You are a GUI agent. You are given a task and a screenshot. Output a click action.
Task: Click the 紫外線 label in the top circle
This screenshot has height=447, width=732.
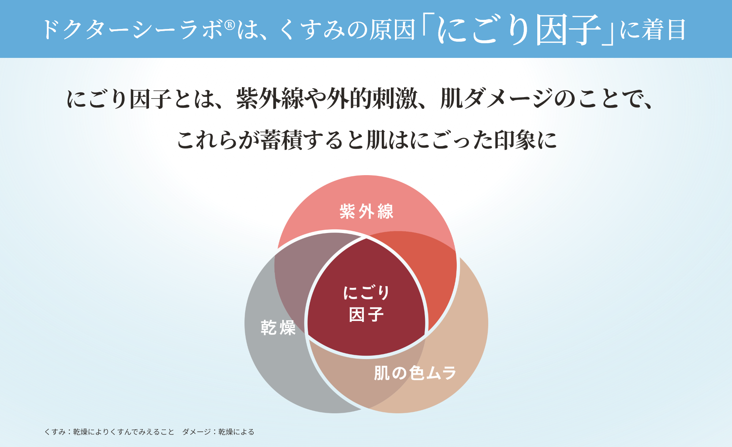pos(366,211)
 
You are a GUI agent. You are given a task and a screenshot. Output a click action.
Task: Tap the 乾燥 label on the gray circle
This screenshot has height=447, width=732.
pos(278,327)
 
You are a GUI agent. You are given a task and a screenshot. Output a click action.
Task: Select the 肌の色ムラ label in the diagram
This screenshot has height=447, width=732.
pos(415,373)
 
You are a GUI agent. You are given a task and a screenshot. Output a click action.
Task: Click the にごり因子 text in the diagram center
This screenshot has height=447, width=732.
pos(366,303)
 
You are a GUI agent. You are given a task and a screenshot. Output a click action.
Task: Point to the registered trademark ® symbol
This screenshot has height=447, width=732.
pos(229,25)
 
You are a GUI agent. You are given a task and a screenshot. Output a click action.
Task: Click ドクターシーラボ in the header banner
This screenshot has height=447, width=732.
pos(132,29)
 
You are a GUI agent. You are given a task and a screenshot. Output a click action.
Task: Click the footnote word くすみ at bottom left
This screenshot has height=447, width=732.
pos(55,432)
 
